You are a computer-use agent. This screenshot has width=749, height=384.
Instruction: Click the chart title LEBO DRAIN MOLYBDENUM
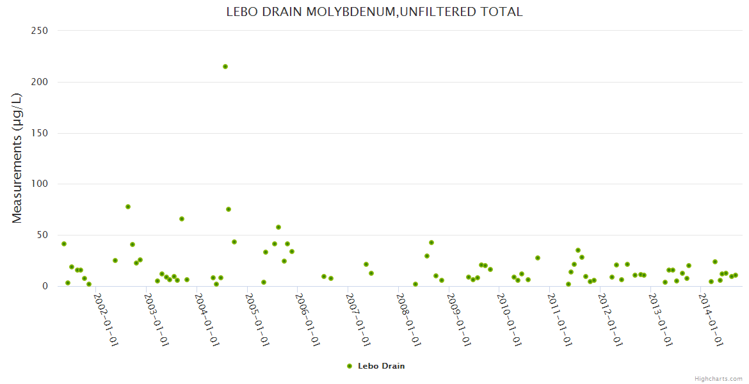tap(374, 12)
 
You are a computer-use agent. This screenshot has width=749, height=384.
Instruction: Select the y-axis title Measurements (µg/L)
tap(17, 157)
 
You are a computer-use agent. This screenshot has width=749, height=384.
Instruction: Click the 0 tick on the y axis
tap(45, 286)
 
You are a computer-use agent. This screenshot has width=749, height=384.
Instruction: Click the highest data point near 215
tap(225, 67)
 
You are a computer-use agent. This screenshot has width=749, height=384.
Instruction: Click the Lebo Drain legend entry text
tap(381, 366)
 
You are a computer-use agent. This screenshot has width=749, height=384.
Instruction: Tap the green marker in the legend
tap(350, 366)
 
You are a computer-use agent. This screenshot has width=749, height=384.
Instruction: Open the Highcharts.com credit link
tap(718, 378)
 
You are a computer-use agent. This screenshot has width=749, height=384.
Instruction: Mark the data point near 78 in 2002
tap(128, 207)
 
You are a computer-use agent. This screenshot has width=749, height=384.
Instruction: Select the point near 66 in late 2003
tap(182, 219)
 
